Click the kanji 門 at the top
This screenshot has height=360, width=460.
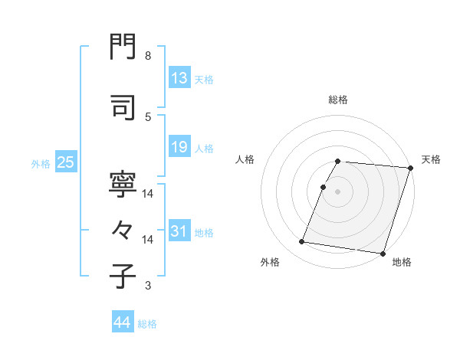[x=123, y=50]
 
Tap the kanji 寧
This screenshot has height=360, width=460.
[x=123, y=184]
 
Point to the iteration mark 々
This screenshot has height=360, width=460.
[x=123, y=227]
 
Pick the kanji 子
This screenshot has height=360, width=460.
[x=123, y=277]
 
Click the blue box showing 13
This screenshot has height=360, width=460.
[x=179, y=78]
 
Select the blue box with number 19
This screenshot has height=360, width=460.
[x=179, y=147]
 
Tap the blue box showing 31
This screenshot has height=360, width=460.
[x=179, y=232]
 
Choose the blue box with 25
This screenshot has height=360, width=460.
[x=65, y=162]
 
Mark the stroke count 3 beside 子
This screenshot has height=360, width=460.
[x=147, y=286]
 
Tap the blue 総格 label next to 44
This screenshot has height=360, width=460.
[x=147, y=324]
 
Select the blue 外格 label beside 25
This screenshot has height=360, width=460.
[x=41, y=164]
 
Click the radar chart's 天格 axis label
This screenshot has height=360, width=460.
[x=431, y=159]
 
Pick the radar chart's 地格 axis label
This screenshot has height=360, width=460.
[x=402, y=262]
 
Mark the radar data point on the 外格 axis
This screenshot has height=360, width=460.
[x=302, y=242]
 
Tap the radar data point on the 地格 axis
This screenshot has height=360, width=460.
[x=382, y=253]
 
